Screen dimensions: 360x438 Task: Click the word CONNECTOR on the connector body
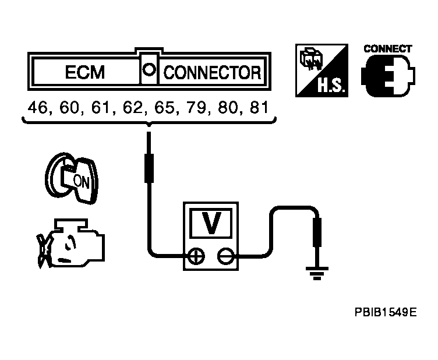coord(212,73)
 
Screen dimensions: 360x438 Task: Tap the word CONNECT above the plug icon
coord(388,49)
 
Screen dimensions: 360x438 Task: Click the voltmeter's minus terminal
coord(225,255)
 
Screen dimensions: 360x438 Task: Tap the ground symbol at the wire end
coord(317,271)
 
